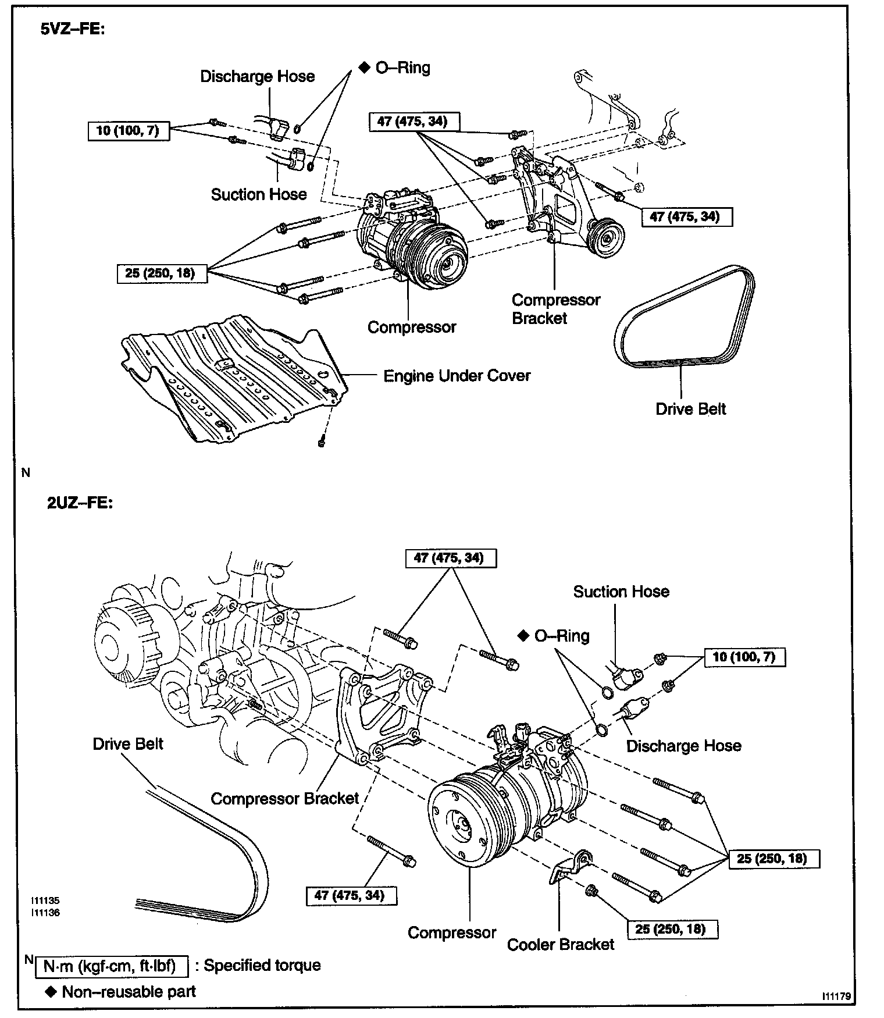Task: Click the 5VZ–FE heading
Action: (x=72, y=30)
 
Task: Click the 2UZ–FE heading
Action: (x=80, y=503)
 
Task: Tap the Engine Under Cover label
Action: (x=457, y=376)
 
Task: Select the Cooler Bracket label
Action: (x=560, y=944)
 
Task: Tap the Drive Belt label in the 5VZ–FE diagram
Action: (x=690, y=409)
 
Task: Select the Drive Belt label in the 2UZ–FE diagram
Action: (x=128, y=744)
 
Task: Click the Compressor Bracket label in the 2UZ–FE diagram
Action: (x=284, y=799)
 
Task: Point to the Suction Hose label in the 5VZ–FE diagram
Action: (x=259, y=194)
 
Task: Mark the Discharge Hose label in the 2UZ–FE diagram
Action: (x=683, y=746)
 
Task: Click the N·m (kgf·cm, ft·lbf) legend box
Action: (x=112, y=966)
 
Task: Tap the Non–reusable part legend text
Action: (x=129, y=992)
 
